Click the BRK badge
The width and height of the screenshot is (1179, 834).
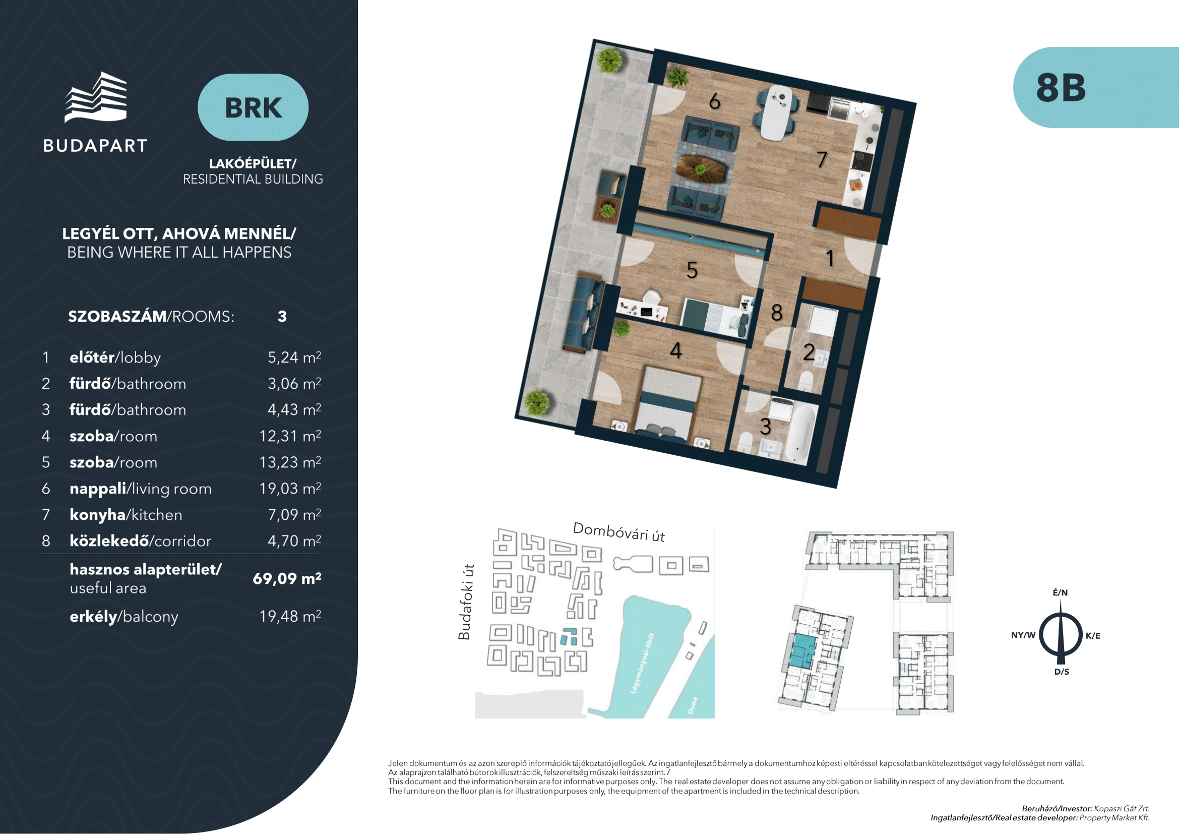253,107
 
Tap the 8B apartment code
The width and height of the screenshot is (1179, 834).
1061,87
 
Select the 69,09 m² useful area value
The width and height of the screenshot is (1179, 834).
287,579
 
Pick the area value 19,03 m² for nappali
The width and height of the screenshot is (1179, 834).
290,489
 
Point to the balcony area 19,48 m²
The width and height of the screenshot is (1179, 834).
290,616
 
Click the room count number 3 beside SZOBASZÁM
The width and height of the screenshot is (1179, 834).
282,316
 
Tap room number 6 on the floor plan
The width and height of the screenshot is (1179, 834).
714,101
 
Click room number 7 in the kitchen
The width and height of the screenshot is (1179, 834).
822,159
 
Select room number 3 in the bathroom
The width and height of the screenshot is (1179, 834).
766,427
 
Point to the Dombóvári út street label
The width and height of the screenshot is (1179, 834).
619,532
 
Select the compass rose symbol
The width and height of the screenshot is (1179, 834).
1061,634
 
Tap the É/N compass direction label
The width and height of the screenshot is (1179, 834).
1061,592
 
